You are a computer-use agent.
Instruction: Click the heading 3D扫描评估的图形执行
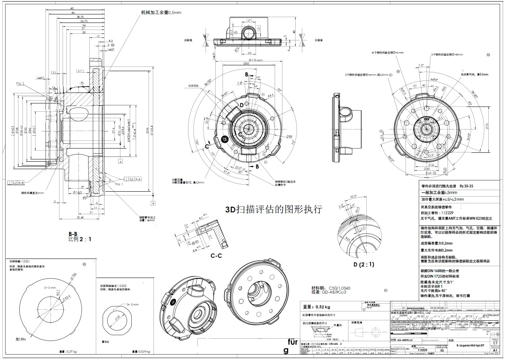[274, 210]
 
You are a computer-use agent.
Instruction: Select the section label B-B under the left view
[73, 234]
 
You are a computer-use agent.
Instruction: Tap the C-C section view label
[216, 256]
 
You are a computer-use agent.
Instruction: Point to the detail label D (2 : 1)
[363, 264]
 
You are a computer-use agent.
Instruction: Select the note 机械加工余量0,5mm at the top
[161, 12]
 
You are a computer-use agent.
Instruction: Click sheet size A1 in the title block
[495, 350]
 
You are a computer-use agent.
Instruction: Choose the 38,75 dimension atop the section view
[80, 17]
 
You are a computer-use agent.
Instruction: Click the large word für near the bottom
[293, 342]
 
